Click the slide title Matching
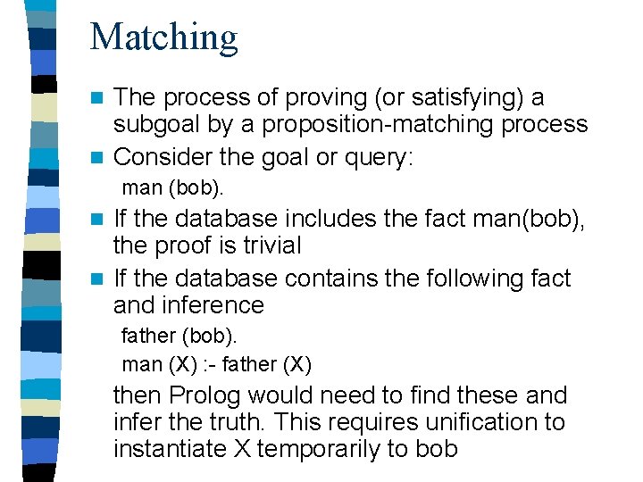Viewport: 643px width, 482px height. pyautogui.click(x=164, y=37)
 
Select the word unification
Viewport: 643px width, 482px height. pyautogui.click(x=465, y=422)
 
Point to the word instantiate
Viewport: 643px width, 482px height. pyautogui.click(x=170, y=449)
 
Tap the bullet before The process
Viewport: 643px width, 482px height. pyautogui.click(x=100, y=96)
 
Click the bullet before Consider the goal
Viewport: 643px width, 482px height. pyautogui.click(x=100, y=158)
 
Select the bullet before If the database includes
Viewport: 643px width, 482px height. pyautogui.click(x=100, y=219)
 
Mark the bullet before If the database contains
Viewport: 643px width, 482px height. pyautogui.click(x=100, y=279)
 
